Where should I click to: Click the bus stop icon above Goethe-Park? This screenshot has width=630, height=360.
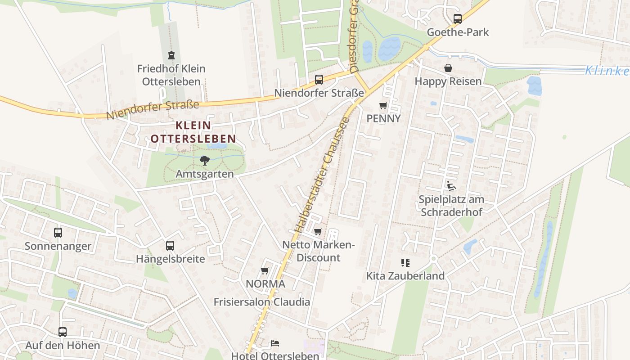[458, 19]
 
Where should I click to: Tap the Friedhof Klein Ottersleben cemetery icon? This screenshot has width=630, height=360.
[171, 55]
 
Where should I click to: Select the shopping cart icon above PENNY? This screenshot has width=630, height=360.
[383, 106]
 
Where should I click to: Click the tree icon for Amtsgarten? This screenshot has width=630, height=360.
[205, 161]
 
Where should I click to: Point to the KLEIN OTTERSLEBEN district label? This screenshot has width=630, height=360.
[193, 132]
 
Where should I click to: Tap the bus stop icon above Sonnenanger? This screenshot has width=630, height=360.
[58, 233]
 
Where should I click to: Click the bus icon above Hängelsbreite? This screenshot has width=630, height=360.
[170, 246]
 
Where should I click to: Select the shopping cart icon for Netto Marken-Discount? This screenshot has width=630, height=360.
[318, 232]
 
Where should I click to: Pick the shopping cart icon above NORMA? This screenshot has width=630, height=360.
[265, 271]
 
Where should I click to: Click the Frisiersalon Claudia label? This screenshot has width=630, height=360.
[261, 301]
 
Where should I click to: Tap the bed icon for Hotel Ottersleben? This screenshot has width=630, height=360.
[275, 343]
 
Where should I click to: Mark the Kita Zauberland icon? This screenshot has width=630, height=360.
[405, 263]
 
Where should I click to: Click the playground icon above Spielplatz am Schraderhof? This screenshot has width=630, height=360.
[451, 186]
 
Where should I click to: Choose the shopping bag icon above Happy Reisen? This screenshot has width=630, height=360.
[448, 68]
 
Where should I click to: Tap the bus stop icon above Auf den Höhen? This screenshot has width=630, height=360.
[63, 332]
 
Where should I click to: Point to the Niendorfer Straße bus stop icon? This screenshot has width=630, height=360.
[319, 80]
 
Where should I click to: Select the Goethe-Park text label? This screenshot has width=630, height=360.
[458, 32]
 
